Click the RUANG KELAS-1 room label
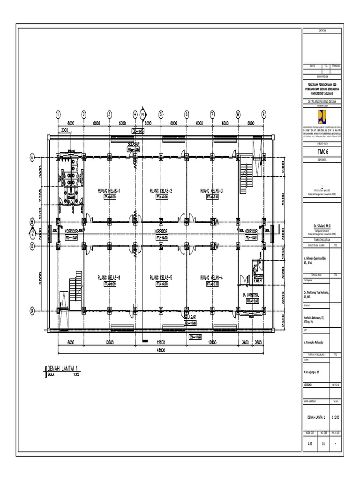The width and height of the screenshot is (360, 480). [109, 191]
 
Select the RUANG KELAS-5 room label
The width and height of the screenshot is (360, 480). [161, 278]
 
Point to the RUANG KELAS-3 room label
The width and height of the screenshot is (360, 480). [211, 191]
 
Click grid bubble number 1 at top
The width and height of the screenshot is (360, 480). [58, 114]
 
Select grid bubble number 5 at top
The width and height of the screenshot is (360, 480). [160, 114]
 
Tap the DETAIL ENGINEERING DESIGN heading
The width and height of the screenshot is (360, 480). [323, 101]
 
